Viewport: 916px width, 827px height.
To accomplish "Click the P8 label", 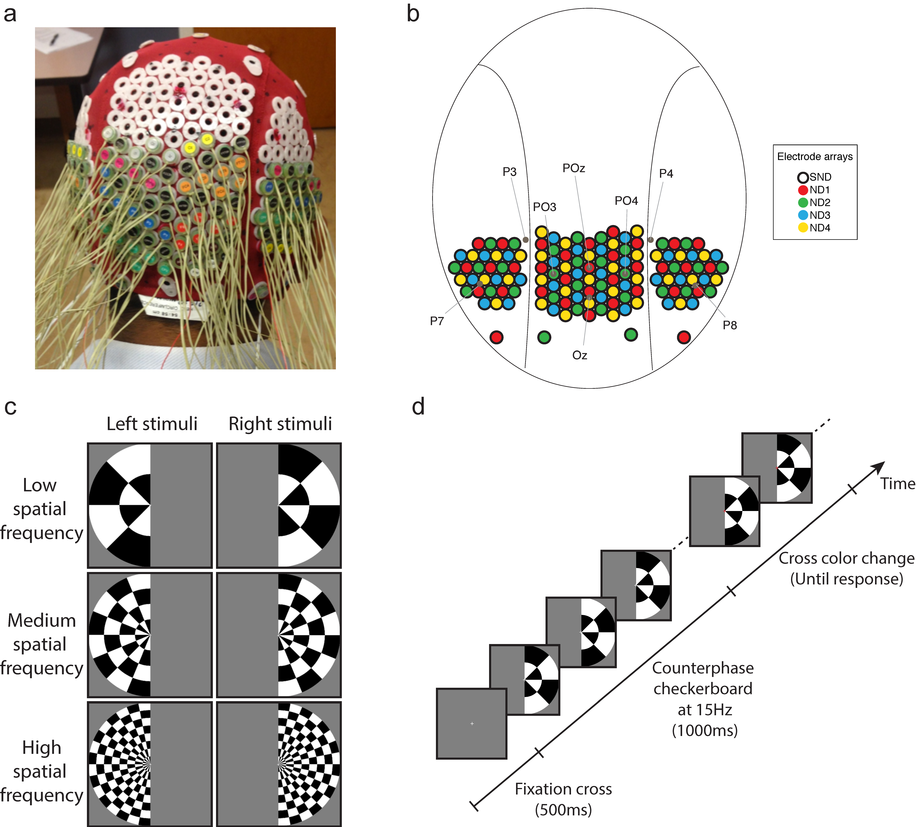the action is coord(730,325).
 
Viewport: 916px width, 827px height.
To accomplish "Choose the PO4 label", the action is coord(626,201).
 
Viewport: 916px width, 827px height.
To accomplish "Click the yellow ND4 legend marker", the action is coord(803,227).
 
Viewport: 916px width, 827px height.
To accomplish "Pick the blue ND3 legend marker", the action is coord(803,215).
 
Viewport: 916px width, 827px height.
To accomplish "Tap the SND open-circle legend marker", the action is coord(803,177).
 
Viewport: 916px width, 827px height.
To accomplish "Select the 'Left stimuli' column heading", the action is coord(152,424).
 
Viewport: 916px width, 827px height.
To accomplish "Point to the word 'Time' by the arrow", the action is coord(897,484).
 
